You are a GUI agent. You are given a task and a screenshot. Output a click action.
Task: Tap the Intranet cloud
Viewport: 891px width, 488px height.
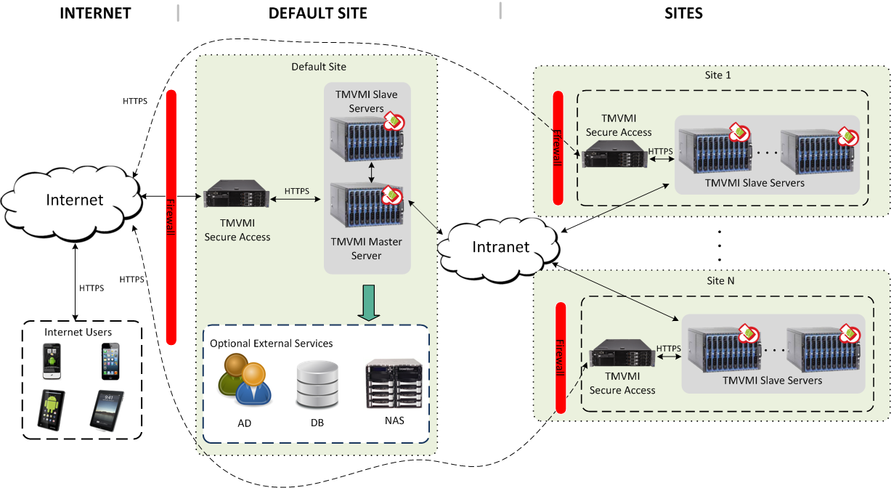tap(501, 247)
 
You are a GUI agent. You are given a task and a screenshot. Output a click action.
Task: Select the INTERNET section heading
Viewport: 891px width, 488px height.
tap(95, 13)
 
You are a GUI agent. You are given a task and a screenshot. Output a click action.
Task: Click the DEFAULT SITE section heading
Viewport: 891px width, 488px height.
tap(317, 13)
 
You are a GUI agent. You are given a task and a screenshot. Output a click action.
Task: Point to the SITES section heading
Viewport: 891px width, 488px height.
tap(683, 13)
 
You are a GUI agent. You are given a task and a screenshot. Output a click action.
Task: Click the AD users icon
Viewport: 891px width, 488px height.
tap(245, 379)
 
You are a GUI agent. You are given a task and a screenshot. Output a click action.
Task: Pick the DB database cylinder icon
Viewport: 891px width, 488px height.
tap(317, 386)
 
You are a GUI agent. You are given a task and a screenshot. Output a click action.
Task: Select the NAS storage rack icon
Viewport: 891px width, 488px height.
tap(394, 386)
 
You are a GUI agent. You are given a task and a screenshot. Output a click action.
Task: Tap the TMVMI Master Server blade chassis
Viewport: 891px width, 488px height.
tap(366, 207)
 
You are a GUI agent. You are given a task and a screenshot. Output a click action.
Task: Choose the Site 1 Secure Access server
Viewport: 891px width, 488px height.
tap(611, 155)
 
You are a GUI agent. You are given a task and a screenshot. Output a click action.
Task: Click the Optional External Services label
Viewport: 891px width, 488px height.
tap(271, 343)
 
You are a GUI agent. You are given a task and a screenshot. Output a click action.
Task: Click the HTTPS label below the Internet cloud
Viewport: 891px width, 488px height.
tap(91, 288)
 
